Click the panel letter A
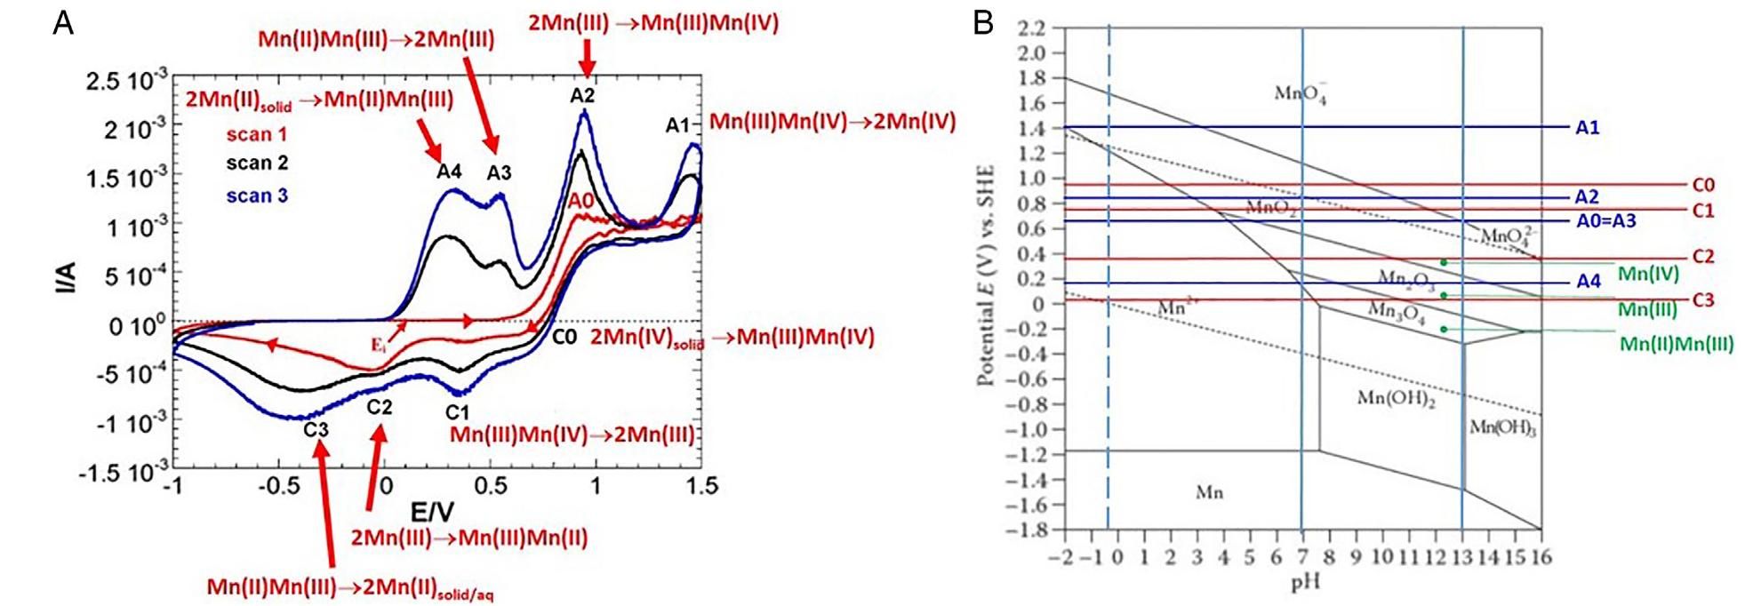click(62, 21)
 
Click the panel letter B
click(982, 21)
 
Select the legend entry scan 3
click(257, 195)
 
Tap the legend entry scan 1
click(257, 134)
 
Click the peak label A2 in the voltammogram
click(582, 95)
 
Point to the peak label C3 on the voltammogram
click(316, 430)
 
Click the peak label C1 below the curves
click(457, 412)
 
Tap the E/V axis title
click(432, 512)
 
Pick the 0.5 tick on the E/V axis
click(490, 486)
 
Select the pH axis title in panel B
click(1306, 583)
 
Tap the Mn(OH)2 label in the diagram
click(1396, 399)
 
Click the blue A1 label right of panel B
click(1587, 128)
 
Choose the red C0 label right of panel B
click(1702, 185)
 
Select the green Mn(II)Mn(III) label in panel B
click(1676, 343)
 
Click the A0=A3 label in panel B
click(1605, 220)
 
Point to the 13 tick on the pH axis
click(1461, 557)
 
